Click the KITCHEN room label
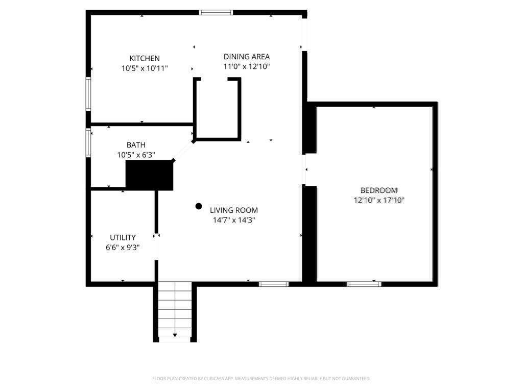pos(145,58)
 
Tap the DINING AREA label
pos(247,57)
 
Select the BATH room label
pos(136,145)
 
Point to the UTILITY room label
pos(123,237)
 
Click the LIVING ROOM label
pos(234,210)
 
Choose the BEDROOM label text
pos(379,190)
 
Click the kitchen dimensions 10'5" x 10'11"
pos(145,68)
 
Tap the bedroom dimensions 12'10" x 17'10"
pos(379,200)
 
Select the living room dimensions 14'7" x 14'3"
pos(234,220)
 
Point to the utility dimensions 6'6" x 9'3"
pos(123,248)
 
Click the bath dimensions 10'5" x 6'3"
pos(136,155)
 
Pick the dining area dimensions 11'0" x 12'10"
pos(247,66)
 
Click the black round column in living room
pos(199,206)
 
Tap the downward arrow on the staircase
pos(175,335)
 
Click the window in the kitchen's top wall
pos(216,13)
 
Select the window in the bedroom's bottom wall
pos(364,284)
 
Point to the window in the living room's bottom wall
pos(274,284)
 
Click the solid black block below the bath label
pos(150,175)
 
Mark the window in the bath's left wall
pos(88,143)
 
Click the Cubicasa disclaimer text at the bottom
pos(261,379)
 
